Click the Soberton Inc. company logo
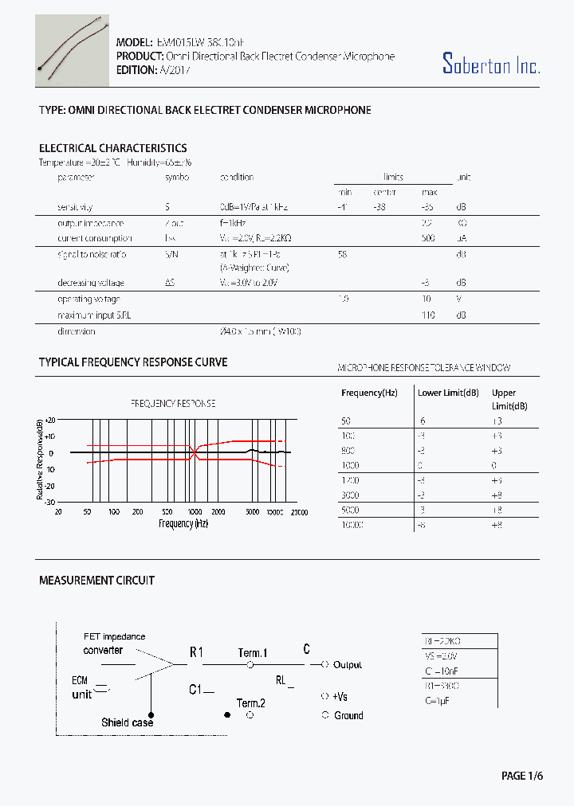pyautogui.click(x=491, y=64)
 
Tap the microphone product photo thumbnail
pyautogui.click(x=72, y=49)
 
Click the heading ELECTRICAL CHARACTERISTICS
pyautogui.click(x=113, y=148)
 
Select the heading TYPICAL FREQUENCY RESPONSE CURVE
pyautogui.click(x=133, y=362)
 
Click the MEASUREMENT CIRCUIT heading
pyautogui.click(x=96, y=581)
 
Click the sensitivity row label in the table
pyautogui.click(x=75, y=206)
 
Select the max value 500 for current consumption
pyautogui.click(x=428, y=238)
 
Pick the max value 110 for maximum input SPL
pyautogui.click(x=428, y=315)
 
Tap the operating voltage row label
pyautogui.click(x=88, y=299)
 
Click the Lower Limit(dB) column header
pyautogui.click(x=448, y=393)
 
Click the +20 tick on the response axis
pyautogui.click(x=49, y=420)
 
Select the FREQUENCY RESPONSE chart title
pyautogui.click(x=173, y=404)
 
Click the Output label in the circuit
pyautogui.click(x=347, y=664)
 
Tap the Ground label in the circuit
pyautogui.click(x=348, y=715)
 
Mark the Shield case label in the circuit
pyautogui.click(x=127, y=722)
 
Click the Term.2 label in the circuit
pyautogui.click(x=251, y=702)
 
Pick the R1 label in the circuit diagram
pyautogui.click(x=197, y=652)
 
